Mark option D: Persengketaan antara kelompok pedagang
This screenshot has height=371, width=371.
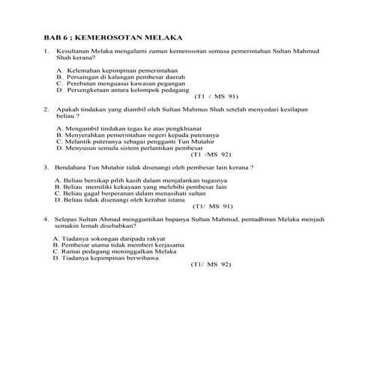(129, 90)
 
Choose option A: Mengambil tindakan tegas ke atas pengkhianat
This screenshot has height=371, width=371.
(129, 129)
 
